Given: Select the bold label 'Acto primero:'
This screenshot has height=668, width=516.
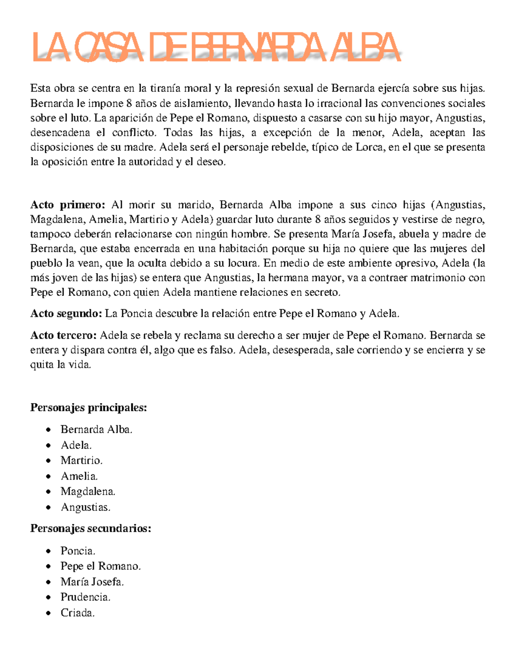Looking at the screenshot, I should coord(68,205).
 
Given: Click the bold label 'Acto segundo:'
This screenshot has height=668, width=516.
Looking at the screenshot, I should coord(66,314).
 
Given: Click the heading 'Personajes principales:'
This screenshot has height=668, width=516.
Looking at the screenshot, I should coord(88,407).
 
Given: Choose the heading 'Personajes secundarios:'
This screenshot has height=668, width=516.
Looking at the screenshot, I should coord(90,528).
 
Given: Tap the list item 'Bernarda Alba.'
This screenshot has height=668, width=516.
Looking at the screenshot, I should coord(96,429).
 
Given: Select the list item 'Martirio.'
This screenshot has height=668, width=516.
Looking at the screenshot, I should coord(81,460).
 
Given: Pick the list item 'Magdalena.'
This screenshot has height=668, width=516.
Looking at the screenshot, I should coord(88,491).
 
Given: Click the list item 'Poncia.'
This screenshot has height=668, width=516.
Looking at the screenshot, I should coord(78,551).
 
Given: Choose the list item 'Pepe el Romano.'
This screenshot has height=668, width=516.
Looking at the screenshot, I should coord(101,566).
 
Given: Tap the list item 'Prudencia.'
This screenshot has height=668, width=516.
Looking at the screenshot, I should coord(85,597).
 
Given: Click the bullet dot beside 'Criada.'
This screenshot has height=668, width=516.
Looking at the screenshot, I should coord(49,613).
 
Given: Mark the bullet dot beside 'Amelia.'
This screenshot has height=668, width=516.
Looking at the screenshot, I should coord(49,476).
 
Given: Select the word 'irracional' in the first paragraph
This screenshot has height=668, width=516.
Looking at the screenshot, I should coord(339,103).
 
